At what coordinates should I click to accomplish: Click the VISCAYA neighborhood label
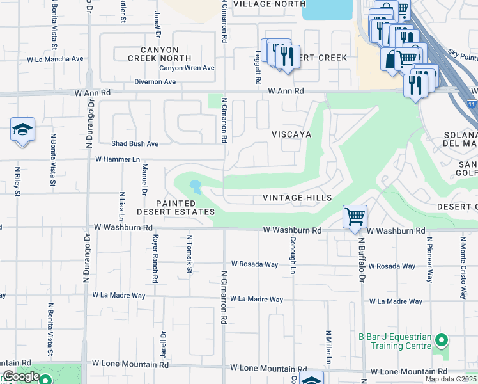click(x=291, y=134)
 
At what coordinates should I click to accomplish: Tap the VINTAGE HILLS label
click(x=298, y=198)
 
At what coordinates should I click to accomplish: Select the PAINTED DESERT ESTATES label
click(x=176, y=207)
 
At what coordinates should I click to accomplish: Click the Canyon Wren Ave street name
click(x=187, y=68)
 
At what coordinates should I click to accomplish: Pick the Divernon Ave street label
click(x=155, y=82)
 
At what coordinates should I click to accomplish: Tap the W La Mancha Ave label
click(x=55, y=59)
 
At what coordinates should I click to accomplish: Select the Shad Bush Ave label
click(x=135, y=144)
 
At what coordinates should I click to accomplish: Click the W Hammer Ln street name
click(x=118, y=159)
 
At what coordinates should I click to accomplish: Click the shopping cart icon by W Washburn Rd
click(x=355, y=216)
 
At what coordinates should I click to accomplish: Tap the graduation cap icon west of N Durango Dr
click(x=22, y=130)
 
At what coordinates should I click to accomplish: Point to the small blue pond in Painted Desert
click(x=194, y=187)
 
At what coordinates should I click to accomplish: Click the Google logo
click(x=21, y=377)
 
